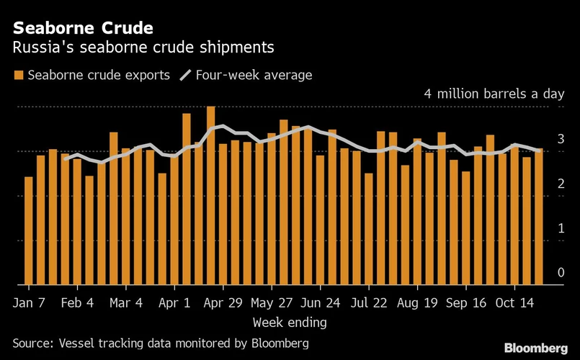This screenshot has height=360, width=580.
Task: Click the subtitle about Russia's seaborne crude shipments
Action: click(143, 48)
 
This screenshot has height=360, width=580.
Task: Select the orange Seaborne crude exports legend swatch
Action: click(19, 75)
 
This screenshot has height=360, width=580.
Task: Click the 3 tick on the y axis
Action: click(561, 139)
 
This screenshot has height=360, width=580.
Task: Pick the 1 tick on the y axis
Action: click(561, 228)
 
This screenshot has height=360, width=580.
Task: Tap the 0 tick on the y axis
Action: click(561, 273)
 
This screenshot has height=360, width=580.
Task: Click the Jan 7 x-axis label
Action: click(29, 303)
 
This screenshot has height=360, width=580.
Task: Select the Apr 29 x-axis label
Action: click(223, 303)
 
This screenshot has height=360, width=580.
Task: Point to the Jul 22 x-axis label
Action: click(369, 303)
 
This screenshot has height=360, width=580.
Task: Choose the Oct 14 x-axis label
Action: click(514, 303)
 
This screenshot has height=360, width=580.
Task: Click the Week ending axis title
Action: click(290, 321)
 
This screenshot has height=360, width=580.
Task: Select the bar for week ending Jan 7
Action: click(29, 230)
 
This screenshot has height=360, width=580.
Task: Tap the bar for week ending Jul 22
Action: click(369, 228)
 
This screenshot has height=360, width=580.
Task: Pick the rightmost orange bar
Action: click(539, 216)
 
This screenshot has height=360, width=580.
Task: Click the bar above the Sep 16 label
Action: click(466, 227)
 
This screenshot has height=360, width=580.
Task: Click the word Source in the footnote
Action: click(30, 343)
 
